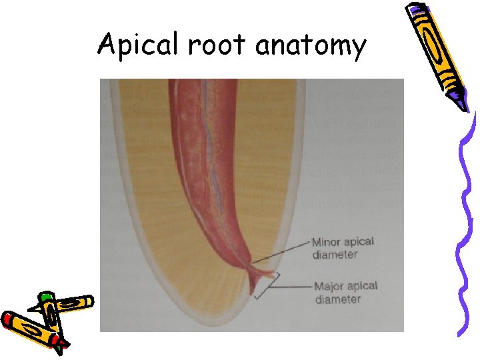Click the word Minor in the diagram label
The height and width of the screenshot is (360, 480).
click(x=327, y=243)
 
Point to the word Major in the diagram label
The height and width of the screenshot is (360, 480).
click(x=328, y=287)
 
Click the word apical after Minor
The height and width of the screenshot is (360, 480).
click(x=360, y=243)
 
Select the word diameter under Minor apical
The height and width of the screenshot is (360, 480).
click(x=335, y=255)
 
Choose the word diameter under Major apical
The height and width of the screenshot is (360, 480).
click(x=337, y=299)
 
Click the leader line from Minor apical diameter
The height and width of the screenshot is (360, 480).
click(x=280, y=251)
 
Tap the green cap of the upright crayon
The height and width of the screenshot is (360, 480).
click(x=46, y=297)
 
